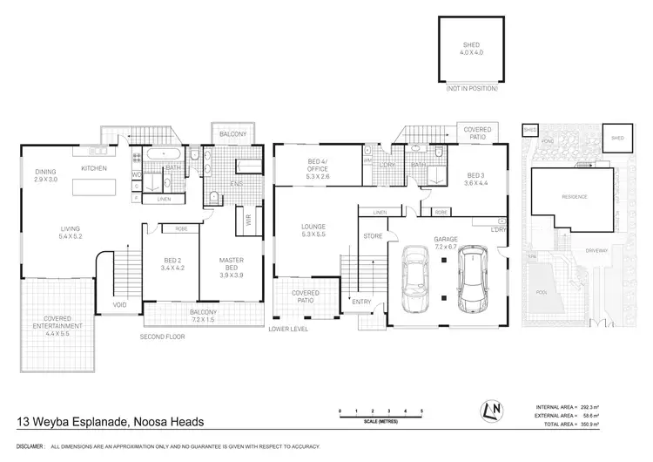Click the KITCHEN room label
(93, 167)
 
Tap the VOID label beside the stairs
(120, 305)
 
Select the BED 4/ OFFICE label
(306, 172)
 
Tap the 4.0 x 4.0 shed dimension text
(471, 51)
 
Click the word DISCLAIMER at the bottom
(27, 445)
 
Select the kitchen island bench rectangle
(95, 188)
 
